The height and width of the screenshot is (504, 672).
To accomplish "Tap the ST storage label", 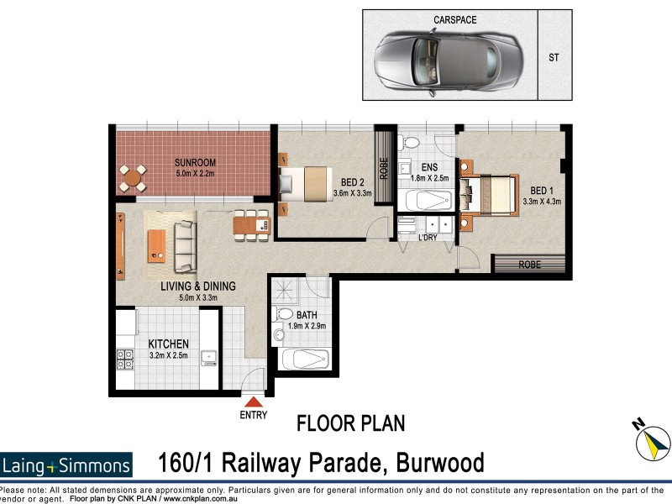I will (x=553, y=58).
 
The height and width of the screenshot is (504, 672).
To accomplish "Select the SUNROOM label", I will (x=195, y=162).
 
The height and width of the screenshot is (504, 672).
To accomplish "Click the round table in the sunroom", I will (x=133, y=177).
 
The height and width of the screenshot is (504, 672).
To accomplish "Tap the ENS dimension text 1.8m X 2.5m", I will (x=429, y=178).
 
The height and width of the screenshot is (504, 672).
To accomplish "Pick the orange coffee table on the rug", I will (x=157, y=245).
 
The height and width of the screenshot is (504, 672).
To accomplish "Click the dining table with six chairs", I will (x=251, y=225).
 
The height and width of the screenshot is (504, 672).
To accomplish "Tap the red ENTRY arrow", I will (x=252, y=401).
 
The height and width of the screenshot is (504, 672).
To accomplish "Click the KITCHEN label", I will (x=168, y=344).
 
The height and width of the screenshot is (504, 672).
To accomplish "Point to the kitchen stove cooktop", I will (x=125, y=360).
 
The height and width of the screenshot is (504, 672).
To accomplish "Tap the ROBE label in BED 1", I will (x=529, y=264).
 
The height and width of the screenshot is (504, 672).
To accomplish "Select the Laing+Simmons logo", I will (x=66, y=465).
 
